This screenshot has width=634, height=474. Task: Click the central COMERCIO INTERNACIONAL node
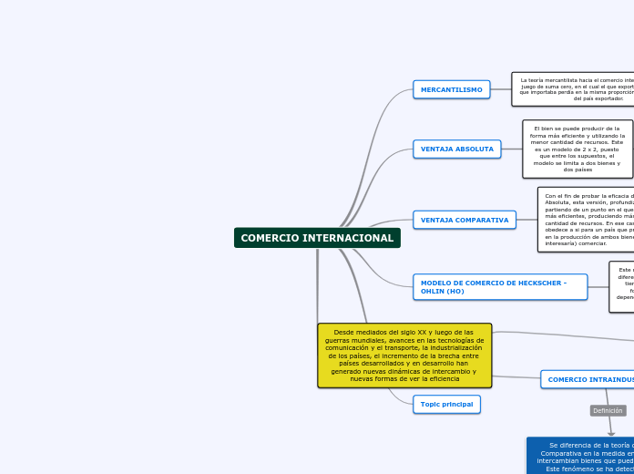317,238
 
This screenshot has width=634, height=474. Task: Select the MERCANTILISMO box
452,89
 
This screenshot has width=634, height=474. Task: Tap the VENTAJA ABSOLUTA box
457,149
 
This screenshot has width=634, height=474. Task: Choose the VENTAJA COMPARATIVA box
465,220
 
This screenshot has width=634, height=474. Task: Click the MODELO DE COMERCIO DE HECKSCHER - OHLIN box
499,287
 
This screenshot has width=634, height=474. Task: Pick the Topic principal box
446,404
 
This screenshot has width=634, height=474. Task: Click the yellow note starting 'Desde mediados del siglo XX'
404,355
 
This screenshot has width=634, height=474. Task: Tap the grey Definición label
608,411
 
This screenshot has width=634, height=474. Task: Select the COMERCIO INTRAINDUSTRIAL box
588,379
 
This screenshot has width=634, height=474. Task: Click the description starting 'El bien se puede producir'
577,149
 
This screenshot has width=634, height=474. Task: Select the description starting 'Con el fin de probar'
587,220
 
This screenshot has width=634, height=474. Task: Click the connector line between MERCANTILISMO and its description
501,89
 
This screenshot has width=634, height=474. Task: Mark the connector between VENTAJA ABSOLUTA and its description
512,149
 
